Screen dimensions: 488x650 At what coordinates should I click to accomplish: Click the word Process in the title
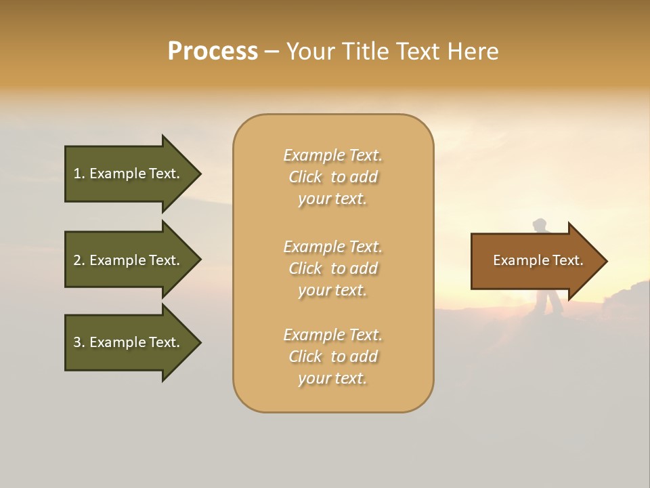pyautogui.click(x=213, y=52)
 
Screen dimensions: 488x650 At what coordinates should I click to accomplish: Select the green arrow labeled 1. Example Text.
pyautogui.click(x=132, y=174)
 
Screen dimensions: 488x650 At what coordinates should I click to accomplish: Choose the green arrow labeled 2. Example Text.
pyautogui.click(x=132, y=260)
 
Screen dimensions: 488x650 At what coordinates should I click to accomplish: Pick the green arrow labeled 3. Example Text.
pyautogui.click(x=132, y=342)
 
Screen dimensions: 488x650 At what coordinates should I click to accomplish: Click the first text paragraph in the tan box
pyautogui.click(x=332, y=177)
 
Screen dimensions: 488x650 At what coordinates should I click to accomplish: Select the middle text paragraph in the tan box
pyautogui.click(x=332, y=268)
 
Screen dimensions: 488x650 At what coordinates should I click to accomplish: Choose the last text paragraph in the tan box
pyautogui.click(x=332, y=357)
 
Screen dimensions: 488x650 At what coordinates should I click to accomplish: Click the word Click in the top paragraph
pyautogui.click(x=305, y=178)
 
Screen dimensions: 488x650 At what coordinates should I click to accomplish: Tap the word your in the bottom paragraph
pyautogui.click(x=313, y=379)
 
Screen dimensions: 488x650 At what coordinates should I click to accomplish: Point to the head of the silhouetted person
pyautogui.click(x=540, y=224)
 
